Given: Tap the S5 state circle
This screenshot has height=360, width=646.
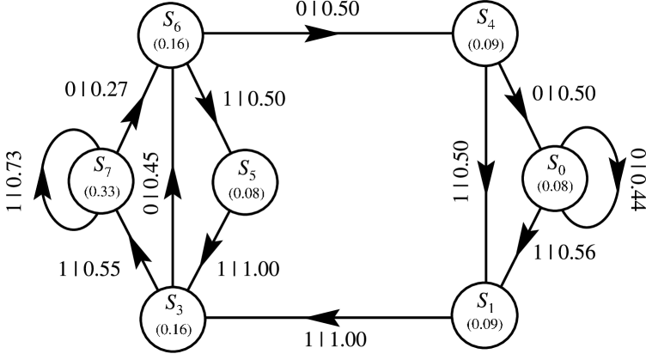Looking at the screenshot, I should pos(246,181).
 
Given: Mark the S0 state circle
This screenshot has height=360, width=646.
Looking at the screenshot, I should pos(555,178).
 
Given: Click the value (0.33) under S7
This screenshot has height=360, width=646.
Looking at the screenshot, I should pos(101,191).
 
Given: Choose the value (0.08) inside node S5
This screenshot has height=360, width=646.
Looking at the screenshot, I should pos(247,192).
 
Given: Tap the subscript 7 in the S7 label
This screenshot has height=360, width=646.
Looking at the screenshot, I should pos(107,168).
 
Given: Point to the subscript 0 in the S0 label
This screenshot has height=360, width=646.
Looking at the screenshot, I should pos(563,168).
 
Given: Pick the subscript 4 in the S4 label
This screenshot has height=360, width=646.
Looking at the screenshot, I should pos(492,23).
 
